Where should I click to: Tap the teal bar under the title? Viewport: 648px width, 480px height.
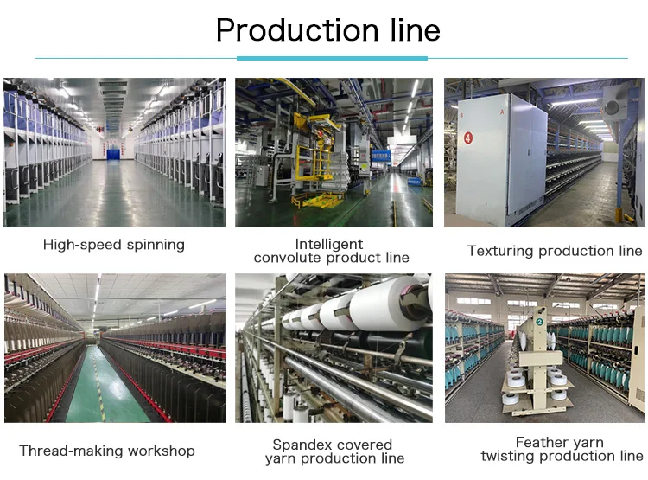[332, 58]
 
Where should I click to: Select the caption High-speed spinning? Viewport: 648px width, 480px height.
[114, 245]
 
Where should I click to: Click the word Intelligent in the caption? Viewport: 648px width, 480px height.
[329, 244]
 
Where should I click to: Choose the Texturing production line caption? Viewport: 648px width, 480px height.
[555, 251]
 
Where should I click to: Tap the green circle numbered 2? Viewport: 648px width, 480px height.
[539, 322]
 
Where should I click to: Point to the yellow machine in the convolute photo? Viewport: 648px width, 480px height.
[316, 164]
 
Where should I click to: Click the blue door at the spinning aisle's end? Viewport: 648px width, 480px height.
[114, 154]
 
